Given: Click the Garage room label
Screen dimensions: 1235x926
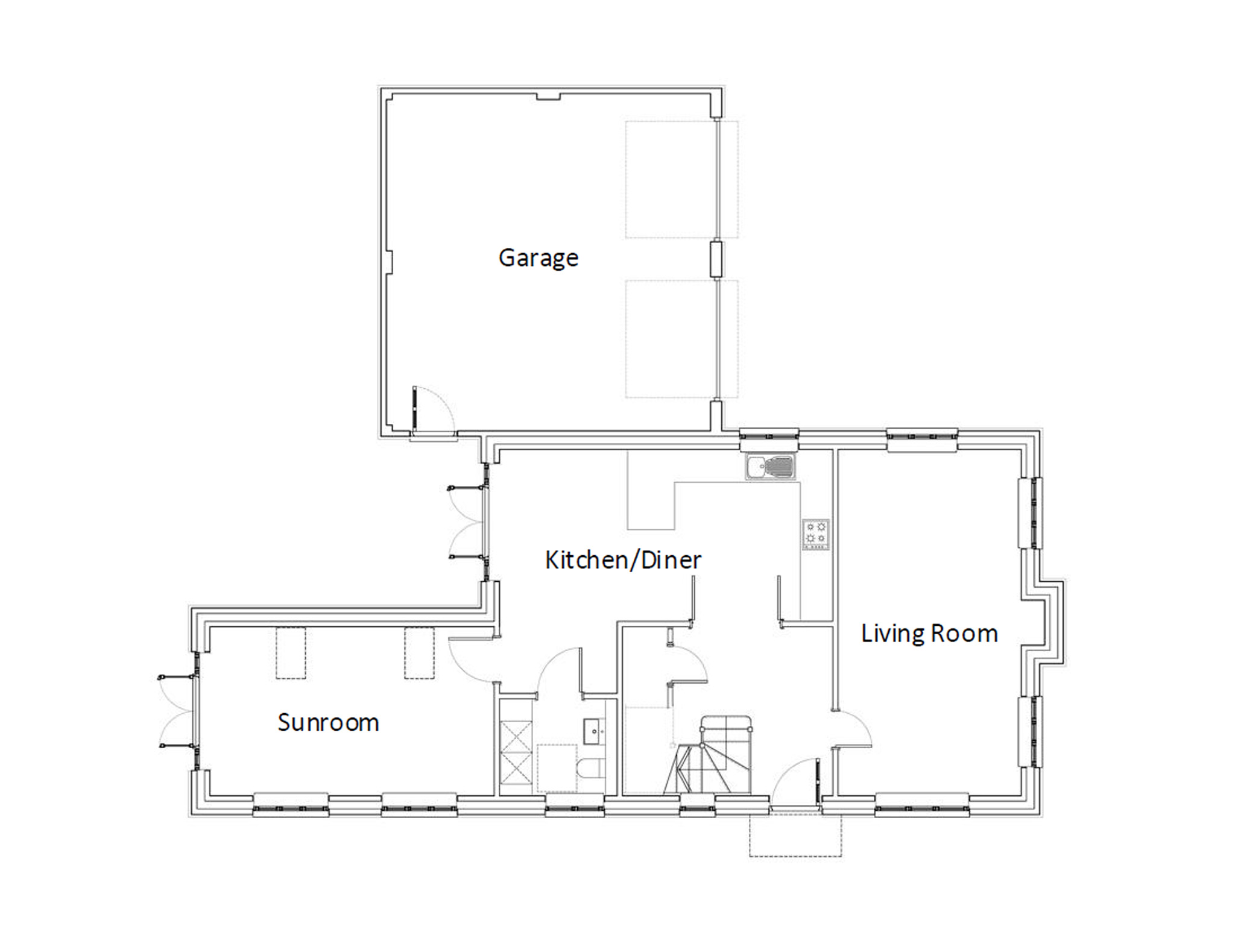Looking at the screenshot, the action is (539, 258).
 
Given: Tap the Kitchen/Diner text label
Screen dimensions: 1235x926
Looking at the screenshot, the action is (623, 560).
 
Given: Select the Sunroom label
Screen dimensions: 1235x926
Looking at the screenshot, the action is (328, 722).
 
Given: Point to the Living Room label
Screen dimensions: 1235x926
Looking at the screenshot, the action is (929, 634).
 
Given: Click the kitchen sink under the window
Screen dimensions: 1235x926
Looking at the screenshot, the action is (770, 467).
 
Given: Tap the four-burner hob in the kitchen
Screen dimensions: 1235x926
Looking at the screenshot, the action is (816, 534).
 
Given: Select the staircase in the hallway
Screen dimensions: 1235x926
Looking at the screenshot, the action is (709, 755).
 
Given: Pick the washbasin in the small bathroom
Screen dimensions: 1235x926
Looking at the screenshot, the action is (595, 731).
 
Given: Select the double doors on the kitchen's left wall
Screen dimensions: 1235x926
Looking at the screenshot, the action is (468, 522).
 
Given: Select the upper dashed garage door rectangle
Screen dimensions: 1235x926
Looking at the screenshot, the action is (681, 180).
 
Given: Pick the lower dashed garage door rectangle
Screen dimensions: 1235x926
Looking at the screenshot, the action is (681, 339).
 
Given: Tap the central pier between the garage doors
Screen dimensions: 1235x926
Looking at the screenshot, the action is (716, 259).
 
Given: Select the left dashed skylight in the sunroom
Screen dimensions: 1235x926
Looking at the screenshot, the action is (291, 654).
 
